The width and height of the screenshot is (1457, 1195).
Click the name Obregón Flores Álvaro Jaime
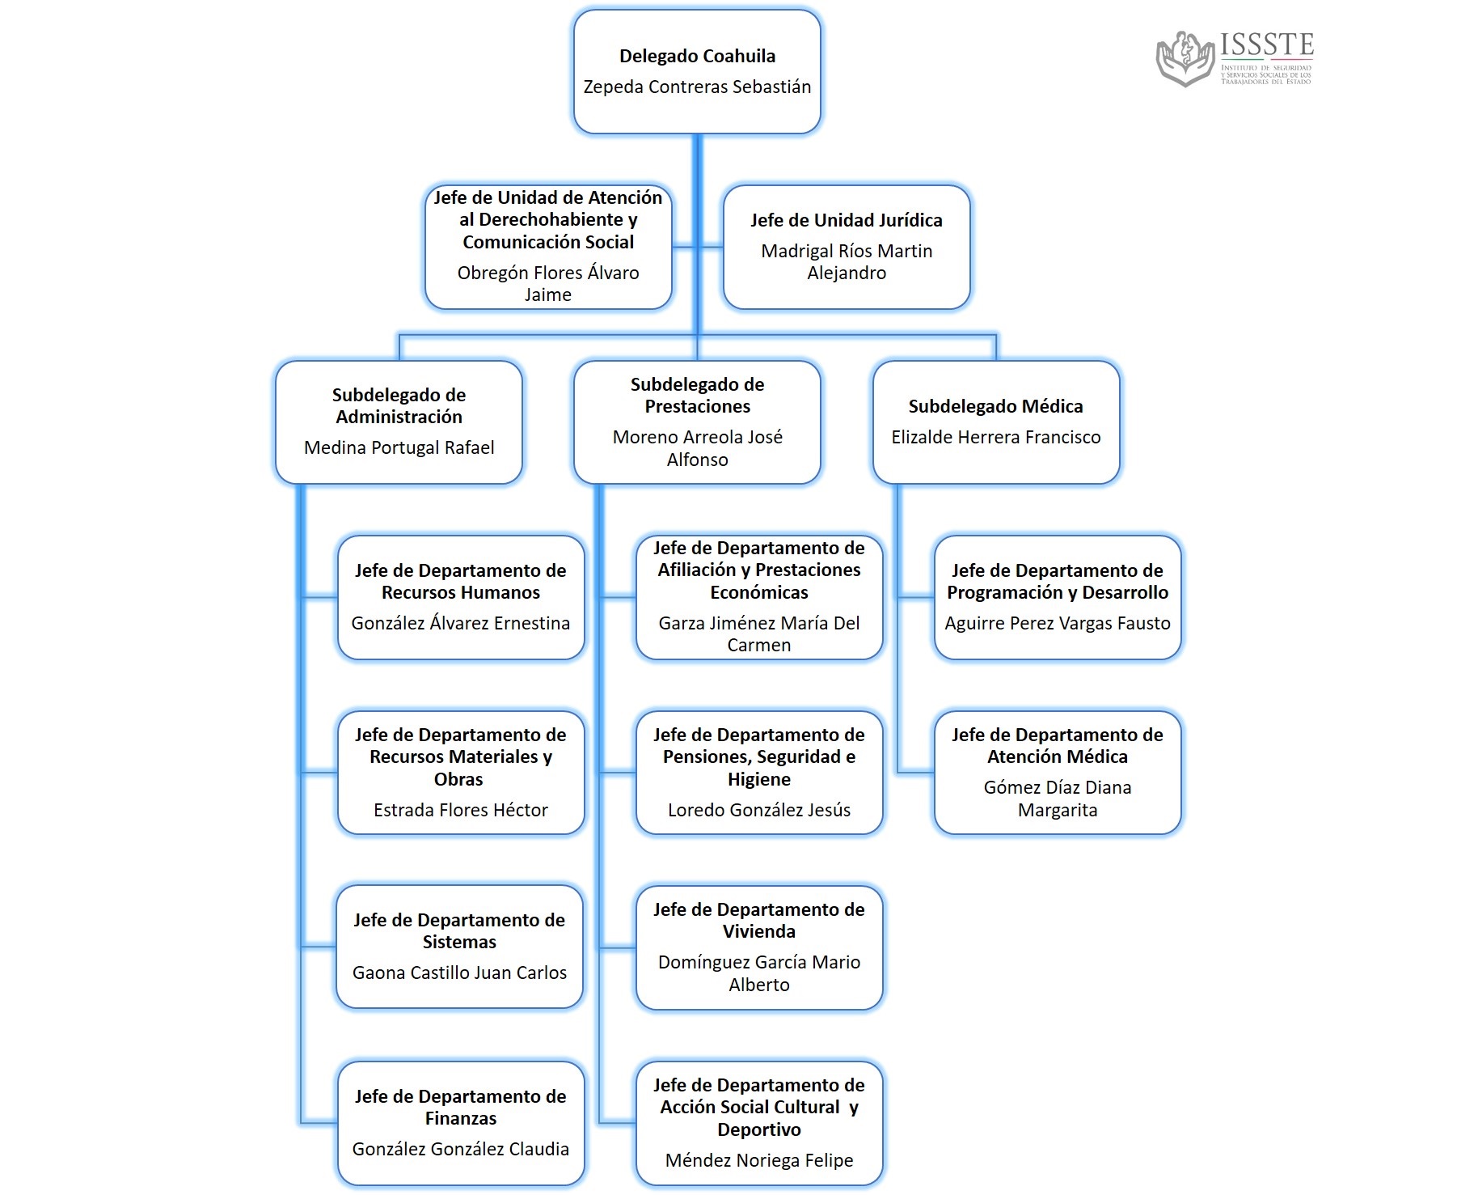pyautogui.click(x=548, y=283)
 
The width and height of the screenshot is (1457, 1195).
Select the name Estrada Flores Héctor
pyautogui.click(x=460, y=810)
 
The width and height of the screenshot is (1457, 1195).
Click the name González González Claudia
pyautogui.click(x=460, y=1149)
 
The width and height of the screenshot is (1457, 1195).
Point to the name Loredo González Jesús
pyautogui.click(x=758, y=810)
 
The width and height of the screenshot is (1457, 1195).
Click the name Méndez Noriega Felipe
pyautogui.click(x=758, y=1160)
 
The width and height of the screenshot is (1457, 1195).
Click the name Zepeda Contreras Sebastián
pyautogui.click(x=697, y=87)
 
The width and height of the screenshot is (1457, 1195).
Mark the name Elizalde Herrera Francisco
pyautogui.click(x=995, y=438)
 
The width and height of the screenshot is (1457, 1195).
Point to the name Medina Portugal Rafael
pyautogui.click(x=399, y=448)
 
